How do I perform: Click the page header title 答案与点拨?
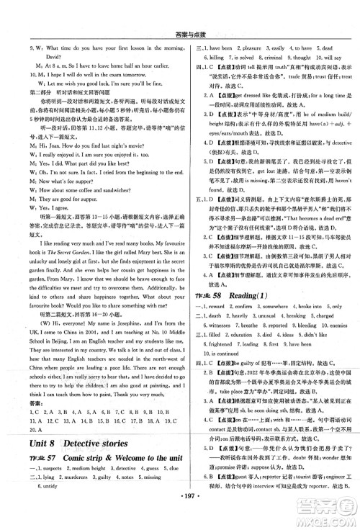coord(179,9)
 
